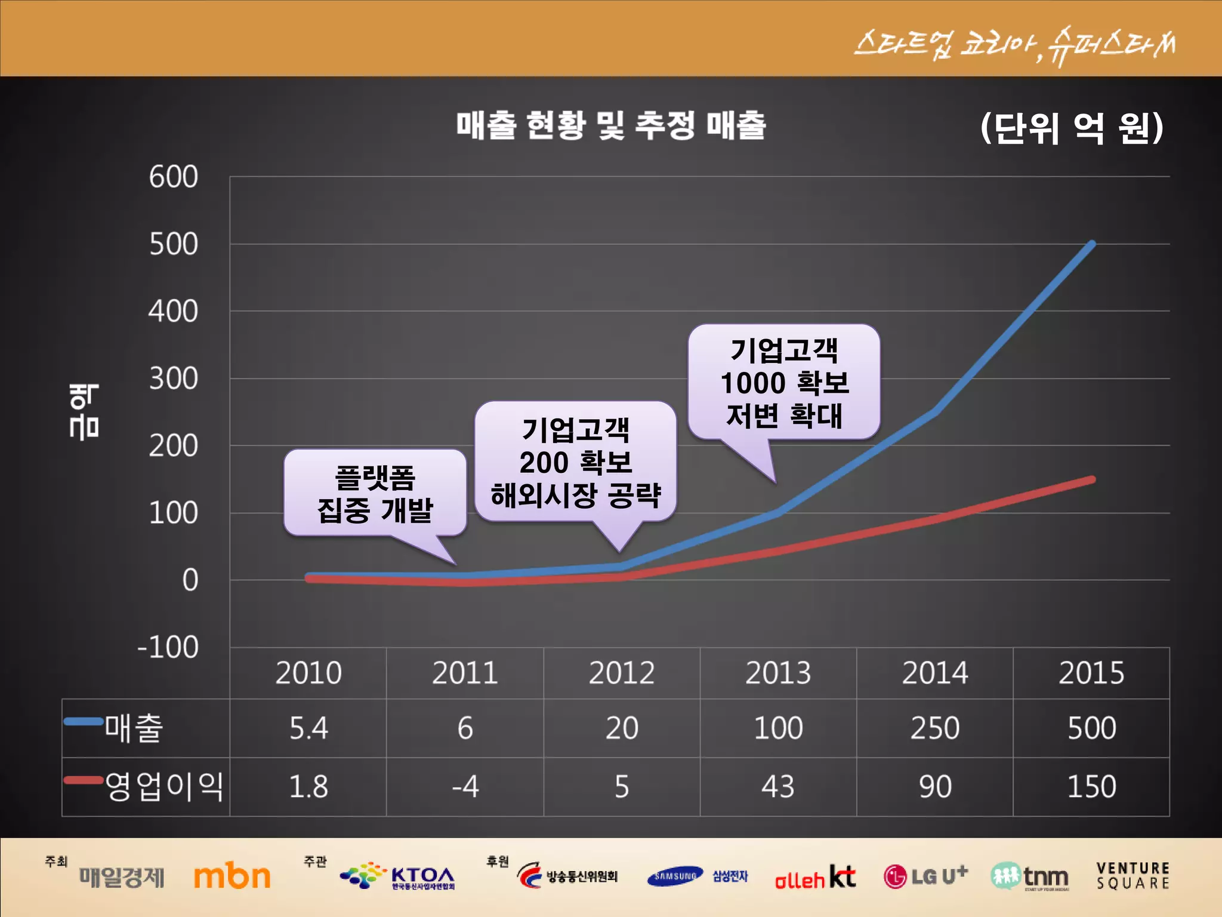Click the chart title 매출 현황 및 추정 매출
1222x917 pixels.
pyautogui.click(x=611, y=125)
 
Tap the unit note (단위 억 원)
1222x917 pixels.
pyautogui.click(x=1072, y=128)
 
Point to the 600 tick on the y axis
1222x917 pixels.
pyautogui.click(x=173, y=177)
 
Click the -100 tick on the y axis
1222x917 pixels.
pyautogui.click(x=168, y=648)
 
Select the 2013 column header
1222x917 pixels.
pyautogui.click(x=778, y=673)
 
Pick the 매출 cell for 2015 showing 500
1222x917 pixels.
pyautogui.click(x=1091, y=728)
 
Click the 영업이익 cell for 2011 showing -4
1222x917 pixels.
pyautogui.click(x=465, y=787)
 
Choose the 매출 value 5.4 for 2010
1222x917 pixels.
pyautogui.click(x=308, y=728)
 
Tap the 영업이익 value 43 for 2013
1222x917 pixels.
pyautogui.click(x=778, y=787)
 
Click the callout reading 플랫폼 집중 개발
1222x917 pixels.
pyautogui.click(x=375, y=494)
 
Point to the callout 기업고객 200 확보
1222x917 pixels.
pyautogui.click(x=575, y=462)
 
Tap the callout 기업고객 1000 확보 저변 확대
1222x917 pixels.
pyautogui.click(x=784, y=383)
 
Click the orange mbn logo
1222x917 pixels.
pyautogui.click(x=232, y=876)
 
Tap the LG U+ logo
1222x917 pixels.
pyautogui.click(x=925, y=876)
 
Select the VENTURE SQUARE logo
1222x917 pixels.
pyautogui.click(x=1132, y=876)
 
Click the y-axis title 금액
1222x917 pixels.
pyautogui.click(x=84, y=412)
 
